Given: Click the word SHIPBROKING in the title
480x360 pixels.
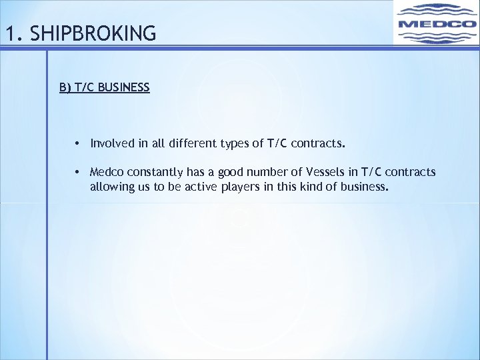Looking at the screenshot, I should [x=93, y=33].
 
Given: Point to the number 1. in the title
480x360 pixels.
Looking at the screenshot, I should [x=11, y=33].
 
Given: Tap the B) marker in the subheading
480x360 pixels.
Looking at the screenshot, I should [x=65, y=87].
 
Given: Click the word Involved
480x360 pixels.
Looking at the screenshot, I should [x=111, y=143].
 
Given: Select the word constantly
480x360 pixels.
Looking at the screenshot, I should [x=154, y=172].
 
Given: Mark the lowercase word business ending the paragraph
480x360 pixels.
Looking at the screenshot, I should [x=364, y=187].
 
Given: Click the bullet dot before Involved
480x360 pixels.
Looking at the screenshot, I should [x=78, y=143].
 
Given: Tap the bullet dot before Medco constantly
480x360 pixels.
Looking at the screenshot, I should [x=78, y=173].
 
